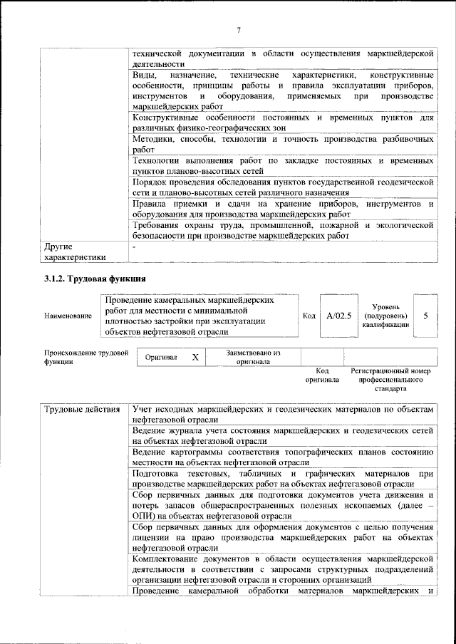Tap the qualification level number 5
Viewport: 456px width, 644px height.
425,315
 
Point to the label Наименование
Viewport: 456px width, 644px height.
68,316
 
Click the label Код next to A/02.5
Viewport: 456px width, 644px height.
309,315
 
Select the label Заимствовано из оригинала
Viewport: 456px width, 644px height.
253,356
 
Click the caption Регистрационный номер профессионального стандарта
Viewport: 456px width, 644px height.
391,380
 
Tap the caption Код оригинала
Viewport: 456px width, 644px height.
322,375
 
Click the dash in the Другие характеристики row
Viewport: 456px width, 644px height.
134,246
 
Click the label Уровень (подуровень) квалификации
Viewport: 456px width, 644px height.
385,315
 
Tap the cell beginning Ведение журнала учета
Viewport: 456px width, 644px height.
283,436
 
